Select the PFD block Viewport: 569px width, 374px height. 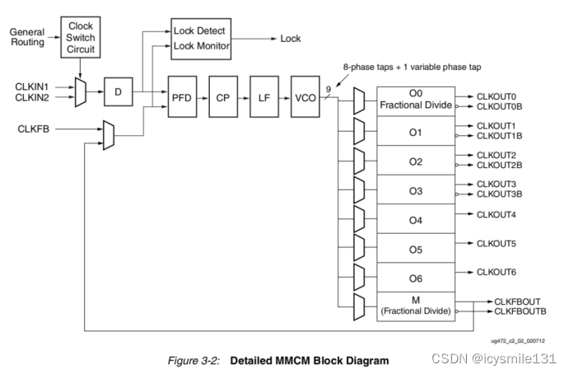pos(181,97)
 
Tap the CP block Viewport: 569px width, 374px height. pos(222,97)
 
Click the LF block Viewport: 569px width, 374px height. pos(264,97)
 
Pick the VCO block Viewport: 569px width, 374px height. pos(305,97)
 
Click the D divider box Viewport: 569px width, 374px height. pos(118,91)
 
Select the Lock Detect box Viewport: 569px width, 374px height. pos(199,31)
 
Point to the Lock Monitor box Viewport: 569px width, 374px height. pos(199,46)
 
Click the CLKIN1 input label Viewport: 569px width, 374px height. pos(32,86)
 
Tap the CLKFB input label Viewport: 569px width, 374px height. pos(32,129)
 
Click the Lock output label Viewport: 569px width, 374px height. pos(291,39)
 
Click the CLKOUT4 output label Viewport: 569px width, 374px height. pos(497,214)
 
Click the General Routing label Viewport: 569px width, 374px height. pos(27,36)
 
